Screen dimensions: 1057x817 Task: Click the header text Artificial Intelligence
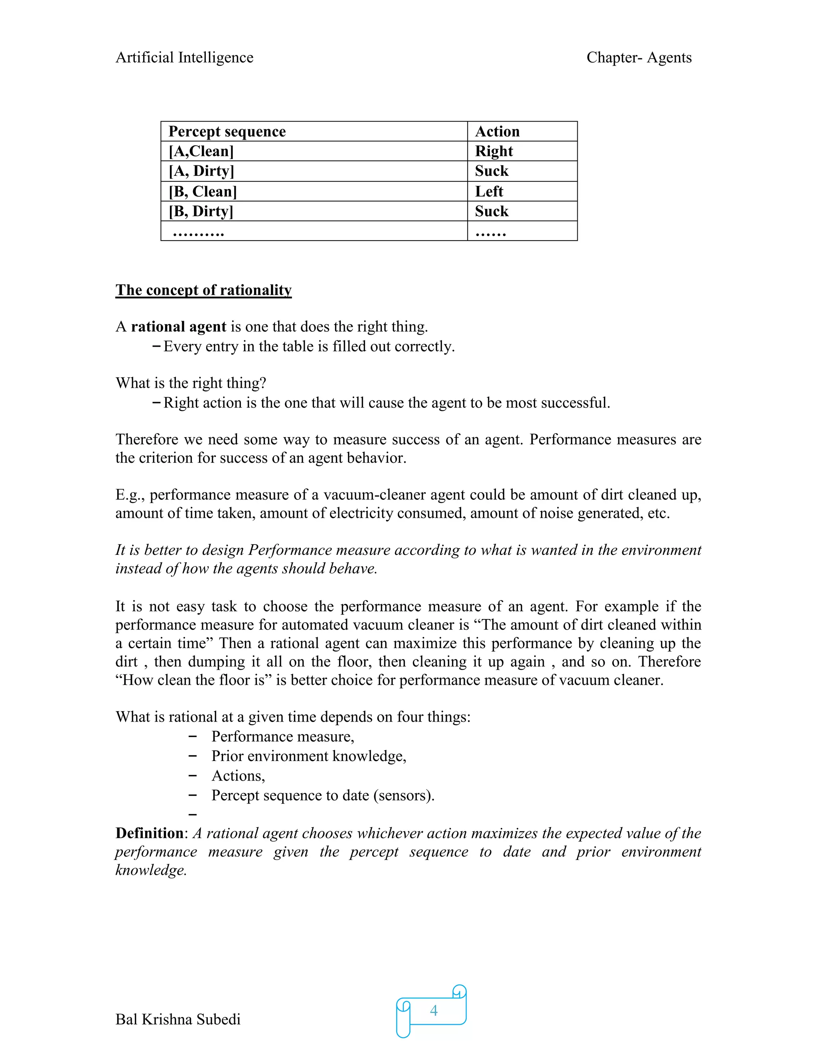point(184,57)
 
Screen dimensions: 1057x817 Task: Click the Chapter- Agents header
point(639,57)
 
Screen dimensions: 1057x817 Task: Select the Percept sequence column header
point(227,132)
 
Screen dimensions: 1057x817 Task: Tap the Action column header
point(497,132)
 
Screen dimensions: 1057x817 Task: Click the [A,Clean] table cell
point(201,152)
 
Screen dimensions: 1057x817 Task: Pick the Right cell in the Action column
point(494,152)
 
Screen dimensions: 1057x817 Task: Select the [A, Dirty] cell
point(201,172)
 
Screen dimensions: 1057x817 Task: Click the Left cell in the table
point(489,191)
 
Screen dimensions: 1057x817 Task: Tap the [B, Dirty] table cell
point(201,211)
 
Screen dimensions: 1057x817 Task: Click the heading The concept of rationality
point(203,290)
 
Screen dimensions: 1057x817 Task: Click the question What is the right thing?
point(191,383)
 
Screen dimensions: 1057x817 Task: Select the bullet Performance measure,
point(283,737)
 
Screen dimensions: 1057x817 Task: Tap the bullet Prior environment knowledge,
point(309,756)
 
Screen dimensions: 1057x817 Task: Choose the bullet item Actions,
point(238,776)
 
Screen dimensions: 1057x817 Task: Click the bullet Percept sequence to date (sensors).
point(323,796)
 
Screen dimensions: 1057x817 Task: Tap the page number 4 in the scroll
point(434,1011)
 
